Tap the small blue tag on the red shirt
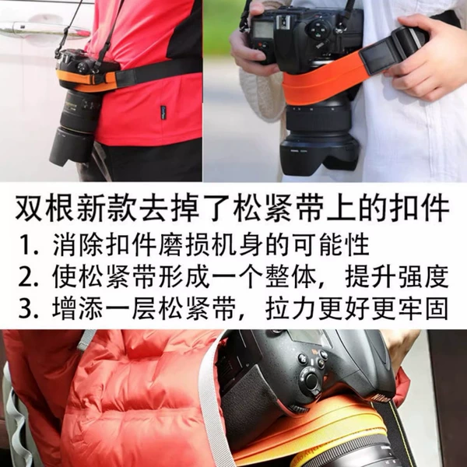pyautogui.click(x=163, y=113)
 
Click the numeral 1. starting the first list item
pyautogui.click(x=29, y=246)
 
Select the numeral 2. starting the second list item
pyautogui.click(x=28, y=277)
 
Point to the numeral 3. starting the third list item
pyautogui.click(x=28, y=309)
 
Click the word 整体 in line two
pyautogui.click(x=291, y=276)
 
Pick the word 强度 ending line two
pyautogui.click(x=423, y=276)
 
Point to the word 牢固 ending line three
pyautogui.click(x=423, y=308)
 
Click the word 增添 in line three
pyautogui.click(x=78, y=308)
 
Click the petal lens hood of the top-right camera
pyautogui.click(x=320, y=156)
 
